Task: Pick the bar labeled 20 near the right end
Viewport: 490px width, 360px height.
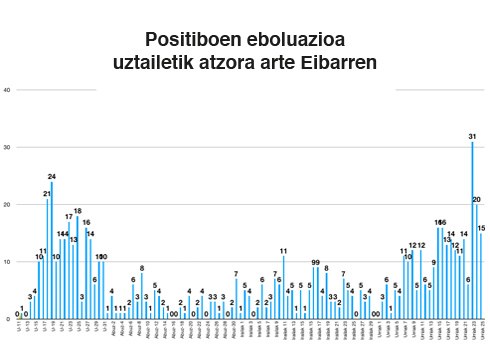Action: pyautogui.click(x=477, y=262)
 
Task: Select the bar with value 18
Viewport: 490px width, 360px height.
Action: pyautogui.click(x=77, y=268)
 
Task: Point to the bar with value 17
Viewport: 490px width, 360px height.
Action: pyautogui.click(x=69, y=270)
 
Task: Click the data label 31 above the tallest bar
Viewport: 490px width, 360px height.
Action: pyautogui.click(x=472, y=136)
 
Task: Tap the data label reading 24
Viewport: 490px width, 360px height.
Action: pyautogui.click(x=51, y=177)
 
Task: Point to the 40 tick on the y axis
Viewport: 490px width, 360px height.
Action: pyautogui.click(x=7, y=90)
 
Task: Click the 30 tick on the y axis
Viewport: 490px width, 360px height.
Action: pyautogui.click(x=7, y=147)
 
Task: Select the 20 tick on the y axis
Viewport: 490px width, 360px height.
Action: pyautogui.click(x=7, y=205)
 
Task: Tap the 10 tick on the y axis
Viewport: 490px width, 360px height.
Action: pyautogui.click(x=7, y=262)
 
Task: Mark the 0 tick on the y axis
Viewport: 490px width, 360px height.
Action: pyautogui.click(x=8, y=319)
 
